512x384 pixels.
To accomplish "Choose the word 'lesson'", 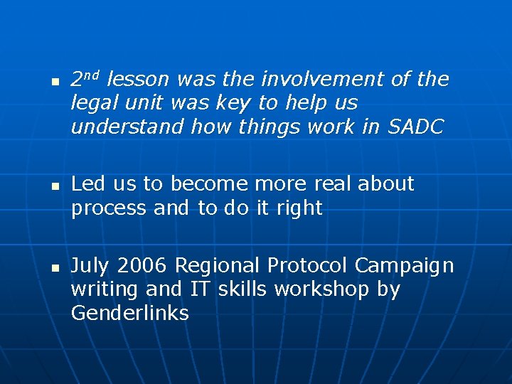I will [138, 80].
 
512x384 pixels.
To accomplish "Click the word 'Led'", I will [88, 184].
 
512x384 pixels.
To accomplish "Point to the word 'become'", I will [208, 184].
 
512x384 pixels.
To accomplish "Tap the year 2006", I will [142, 266].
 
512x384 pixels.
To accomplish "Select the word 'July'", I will [91, 266].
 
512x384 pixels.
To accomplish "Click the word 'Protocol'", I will [308, 266].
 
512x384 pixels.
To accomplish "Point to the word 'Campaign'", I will [404, 266].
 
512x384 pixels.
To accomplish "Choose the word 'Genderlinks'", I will [129, 314].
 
